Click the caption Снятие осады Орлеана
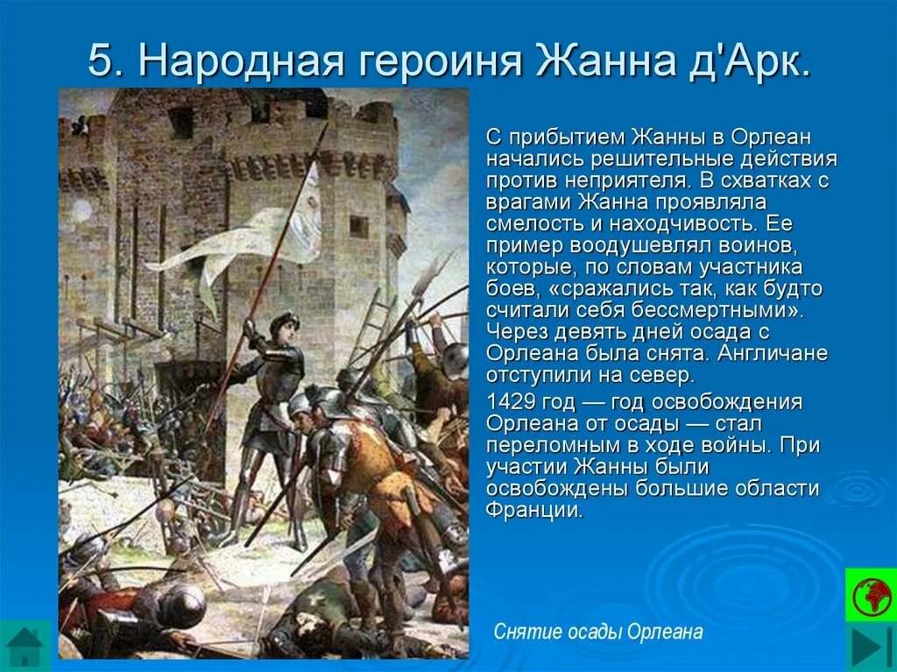[598, 632]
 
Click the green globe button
[870, 595]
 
